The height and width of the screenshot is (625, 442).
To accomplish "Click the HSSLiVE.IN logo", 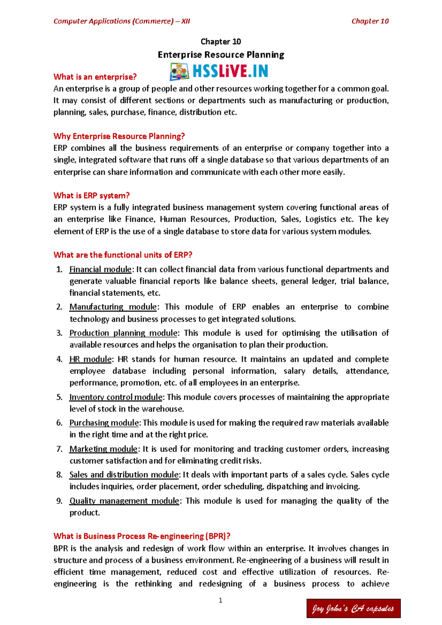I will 219,71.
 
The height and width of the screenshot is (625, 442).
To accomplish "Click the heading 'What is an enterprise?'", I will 95,77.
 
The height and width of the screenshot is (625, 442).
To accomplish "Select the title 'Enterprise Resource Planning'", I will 221,55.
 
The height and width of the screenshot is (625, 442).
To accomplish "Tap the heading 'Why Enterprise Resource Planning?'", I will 119,136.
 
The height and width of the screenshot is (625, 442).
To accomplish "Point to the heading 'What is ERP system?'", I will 91,195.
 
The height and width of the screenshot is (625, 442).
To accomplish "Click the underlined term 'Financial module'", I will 100,269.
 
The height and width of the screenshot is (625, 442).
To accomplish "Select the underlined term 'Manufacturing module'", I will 113,307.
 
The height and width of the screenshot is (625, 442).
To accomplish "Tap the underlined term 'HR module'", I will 90,359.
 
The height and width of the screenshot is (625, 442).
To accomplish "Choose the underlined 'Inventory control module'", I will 116,397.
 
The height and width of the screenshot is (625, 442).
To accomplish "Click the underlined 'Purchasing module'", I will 104,423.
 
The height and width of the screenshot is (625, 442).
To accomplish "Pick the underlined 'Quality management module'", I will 124,501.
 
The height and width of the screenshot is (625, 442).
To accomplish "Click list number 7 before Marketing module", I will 59,449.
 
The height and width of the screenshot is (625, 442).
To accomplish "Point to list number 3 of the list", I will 59,333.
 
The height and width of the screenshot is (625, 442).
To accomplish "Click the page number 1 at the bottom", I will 220,600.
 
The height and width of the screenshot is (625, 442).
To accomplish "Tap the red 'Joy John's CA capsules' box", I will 353,608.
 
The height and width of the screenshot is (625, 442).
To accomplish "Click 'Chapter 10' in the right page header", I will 370,21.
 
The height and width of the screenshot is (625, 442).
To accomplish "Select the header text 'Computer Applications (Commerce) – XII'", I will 122,21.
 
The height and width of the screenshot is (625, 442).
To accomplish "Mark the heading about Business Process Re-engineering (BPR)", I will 142,536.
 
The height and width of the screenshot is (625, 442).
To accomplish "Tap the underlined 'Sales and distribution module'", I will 124,475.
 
